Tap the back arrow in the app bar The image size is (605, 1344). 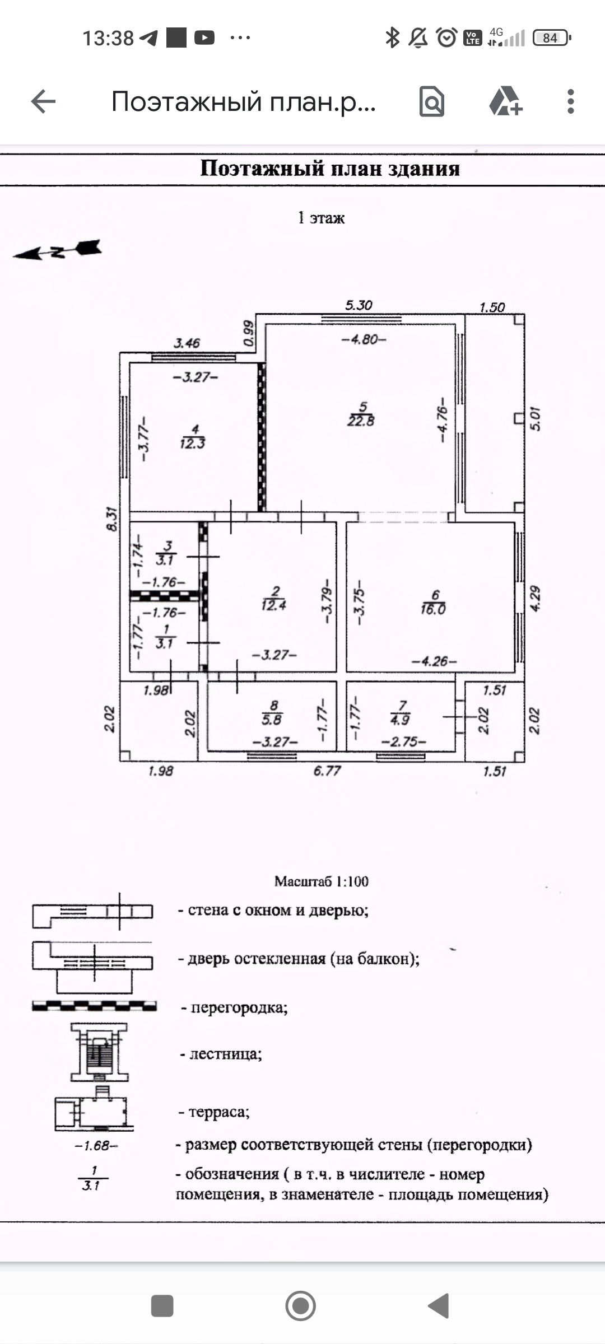pyautogui.click(x=43, y=102)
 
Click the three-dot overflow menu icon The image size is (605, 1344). pyautogui.click(x=570, y=102)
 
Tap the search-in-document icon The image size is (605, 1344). pyautogui.click(x=431, y=102)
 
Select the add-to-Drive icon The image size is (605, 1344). pyautogui.click(x=505, y=102)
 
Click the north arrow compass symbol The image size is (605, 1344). pyautogui.click(x=58, y=250)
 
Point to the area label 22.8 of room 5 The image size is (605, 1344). pyautogui.click(x=361, y=421)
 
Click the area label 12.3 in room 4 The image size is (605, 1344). pyautogui.click(x=192, y=444)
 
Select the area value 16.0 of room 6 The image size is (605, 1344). pyautogui.click(x=433, y=609)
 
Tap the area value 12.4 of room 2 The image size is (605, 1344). pyautogui.click(x=273, y=605)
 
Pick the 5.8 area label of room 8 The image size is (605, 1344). pyautogui.click(x=272, y=720)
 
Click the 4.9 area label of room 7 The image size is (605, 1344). pyautogui.click(x=400, y=720)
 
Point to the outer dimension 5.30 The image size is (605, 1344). pyautogui.click(x=359, y=305)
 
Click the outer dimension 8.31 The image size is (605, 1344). pyautogui.click(x=112, y=519)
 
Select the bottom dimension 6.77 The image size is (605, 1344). pyautogui.click(x=327, y=771)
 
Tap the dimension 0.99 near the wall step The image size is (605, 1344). pyautogui.click(x=248, y=334)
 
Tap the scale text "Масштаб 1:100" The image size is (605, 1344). pyautogui.click(x=322, y=881)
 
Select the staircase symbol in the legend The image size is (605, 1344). pyautogui.click(x=99, y=1052)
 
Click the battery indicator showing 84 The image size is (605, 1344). pyautogui.click(x=551, y=38)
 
